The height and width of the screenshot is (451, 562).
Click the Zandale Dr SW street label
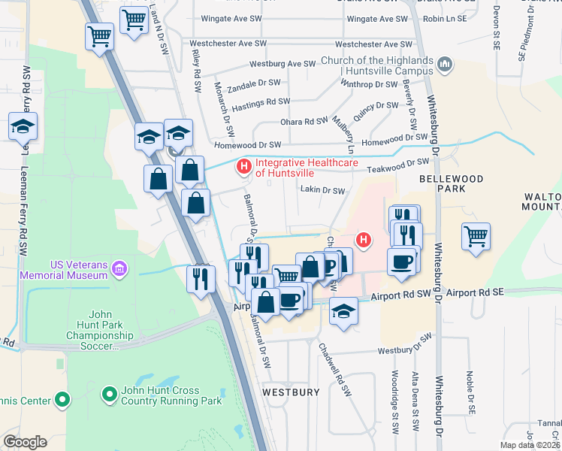[254, 83]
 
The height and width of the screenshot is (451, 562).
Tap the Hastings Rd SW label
[262, 101]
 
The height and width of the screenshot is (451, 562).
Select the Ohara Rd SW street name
[304, 121]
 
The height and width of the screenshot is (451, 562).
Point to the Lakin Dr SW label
[322, 191]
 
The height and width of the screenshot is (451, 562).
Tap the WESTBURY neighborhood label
[291, 392]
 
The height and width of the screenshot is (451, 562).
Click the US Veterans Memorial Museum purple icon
[118, 268]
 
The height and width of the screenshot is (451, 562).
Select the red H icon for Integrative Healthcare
[243, 165]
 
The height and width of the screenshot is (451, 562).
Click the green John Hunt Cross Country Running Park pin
[109, 392]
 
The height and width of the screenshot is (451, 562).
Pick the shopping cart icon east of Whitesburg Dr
[476, 236]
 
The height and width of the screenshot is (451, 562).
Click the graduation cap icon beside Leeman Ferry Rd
[23, 126]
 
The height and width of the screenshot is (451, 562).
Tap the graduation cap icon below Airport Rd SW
[343, 310]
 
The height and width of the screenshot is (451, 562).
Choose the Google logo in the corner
[25, 442]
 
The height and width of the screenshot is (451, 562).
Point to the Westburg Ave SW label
[282, 64]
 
